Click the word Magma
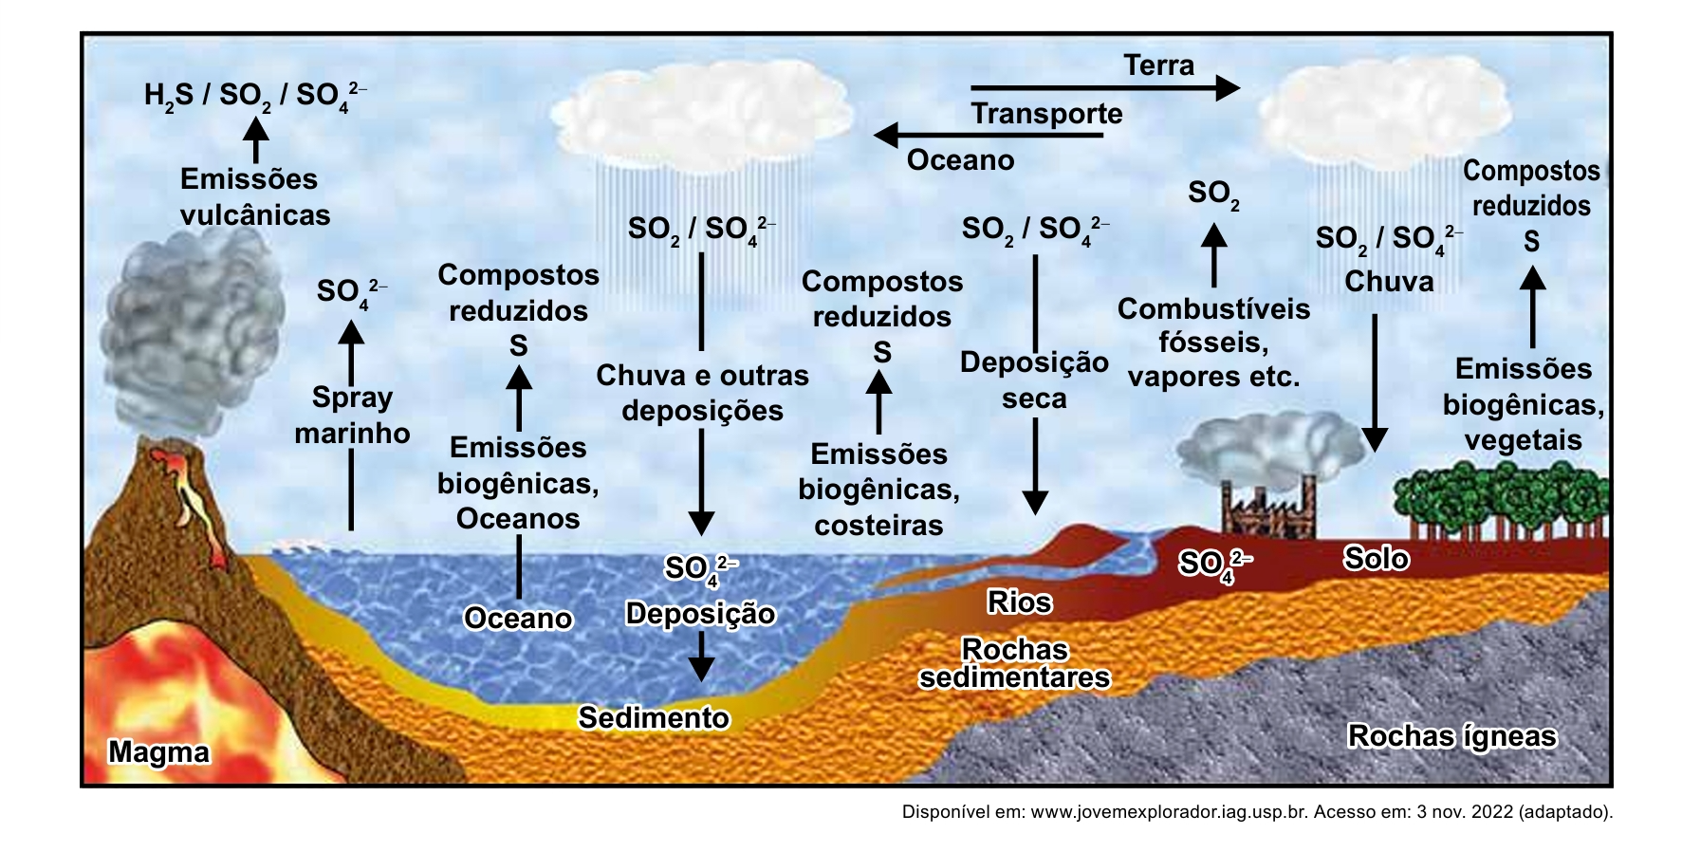pyautogui.click(x=158, y=751)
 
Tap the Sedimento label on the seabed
pyautogui.click(x=654, y=717)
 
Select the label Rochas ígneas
pyautogui.click(x=1451, y=736)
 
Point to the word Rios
pyautogui.click(x=1019, y=602)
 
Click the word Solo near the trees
pyautogui.click(x=1376, y=558)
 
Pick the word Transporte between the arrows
pyautogui.click(x=1046, y=114)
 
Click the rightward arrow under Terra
pyautogui.click(x=1105, y=88)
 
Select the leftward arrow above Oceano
pyautogui.click(x=988, y=136)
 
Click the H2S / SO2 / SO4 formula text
pyautogui.click(x=255, y=96)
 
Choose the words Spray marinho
pyautogui.click(x=352, y=415)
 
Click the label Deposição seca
pyautogui.click(x=1034, y=380)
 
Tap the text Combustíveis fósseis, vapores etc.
pyautogui.click(x=1213, y=343)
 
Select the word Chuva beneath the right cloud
pyautogui.click(x=1389, y=282)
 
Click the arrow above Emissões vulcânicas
pyautogui.click(x=255, y=139)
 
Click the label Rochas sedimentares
pyautogui.click(x=1014, y=663)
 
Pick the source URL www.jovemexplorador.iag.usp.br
pyautogui.click(x=1170, y=812)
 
